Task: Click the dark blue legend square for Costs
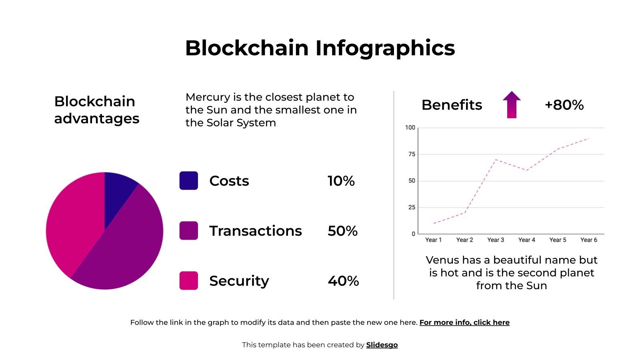point(188,181)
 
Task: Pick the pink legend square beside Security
point(188,281)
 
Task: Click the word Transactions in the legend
point(255,231)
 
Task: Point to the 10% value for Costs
point(341,181)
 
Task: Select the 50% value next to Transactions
point(342,231)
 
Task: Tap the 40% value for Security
point(343,281)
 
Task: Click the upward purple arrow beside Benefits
point(512,105)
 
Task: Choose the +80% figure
point(564,105)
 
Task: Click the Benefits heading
point(452,105)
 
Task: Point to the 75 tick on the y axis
point(412,154)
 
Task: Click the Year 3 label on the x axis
point(496,240)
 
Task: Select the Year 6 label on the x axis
point(588,240)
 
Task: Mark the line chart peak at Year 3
point(496,160)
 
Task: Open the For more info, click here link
point(464,323)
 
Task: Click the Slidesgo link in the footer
point(382,345)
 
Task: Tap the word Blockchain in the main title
point(247,48)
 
